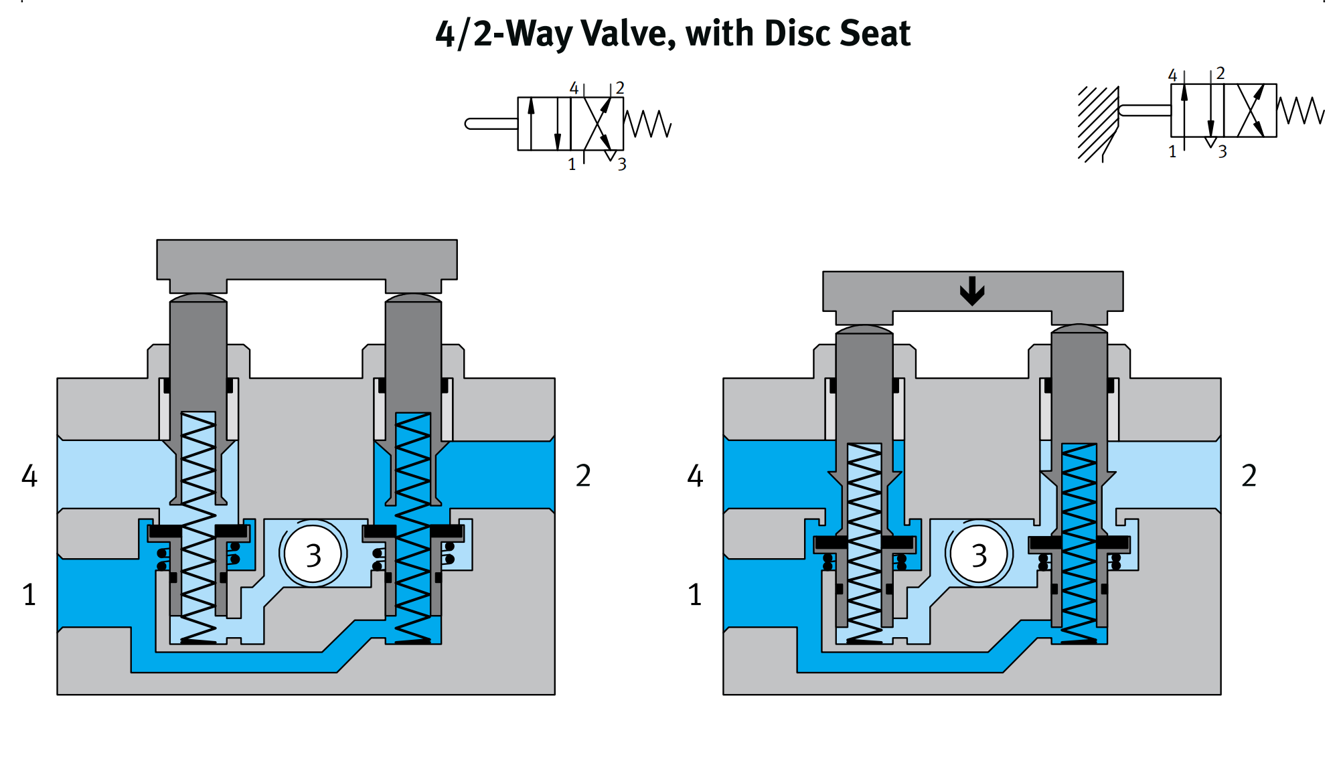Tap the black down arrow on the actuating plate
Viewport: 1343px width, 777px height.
pyautogui.click(x=972, y=291)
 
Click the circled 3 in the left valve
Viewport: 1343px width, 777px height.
pyautogui.click(x=313, y=555)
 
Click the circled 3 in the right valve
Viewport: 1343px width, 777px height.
pyautogui.click(x=979, y=555)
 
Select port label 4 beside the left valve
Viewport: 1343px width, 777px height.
pyautogui.click(x=29, y=476)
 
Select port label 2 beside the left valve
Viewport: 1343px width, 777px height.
pyautogui.click(x=583, y=476)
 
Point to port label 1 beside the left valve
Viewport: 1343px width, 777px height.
pyautogui.click(x=29, y=594)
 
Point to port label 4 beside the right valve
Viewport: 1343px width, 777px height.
pyautogui.click(x=696, y=476)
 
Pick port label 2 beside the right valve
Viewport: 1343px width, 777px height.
pyautogui.click(x=1249, y=476)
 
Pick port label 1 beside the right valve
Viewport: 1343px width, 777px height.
pyautogui.click(x=695, y=594)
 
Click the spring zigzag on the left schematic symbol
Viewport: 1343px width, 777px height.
pyautogui.click(x=647, y=124)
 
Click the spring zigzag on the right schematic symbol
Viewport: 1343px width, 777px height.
pyautogui.click(x=1301, y=110)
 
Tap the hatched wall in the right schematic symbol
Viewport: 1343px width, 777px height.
pyautogui.click(x=1098, y=124)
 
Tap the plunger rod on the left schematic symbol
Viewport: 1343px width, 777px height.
pyautogui.click(x=491, y=124)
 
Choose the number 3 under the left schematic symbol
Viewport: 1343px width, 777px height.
pyautogui.click(x=622, y=164)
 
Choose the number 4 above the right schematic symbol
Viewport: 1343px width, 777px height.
pyautogui.click(x=1172, y=76)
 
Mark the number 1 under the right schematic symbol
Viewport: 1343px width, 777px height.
pyautogui.click(x=1172, y=152)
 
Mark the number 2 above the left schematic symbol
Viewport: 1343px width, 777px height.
pyautogui.click(x=620, y=88)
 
